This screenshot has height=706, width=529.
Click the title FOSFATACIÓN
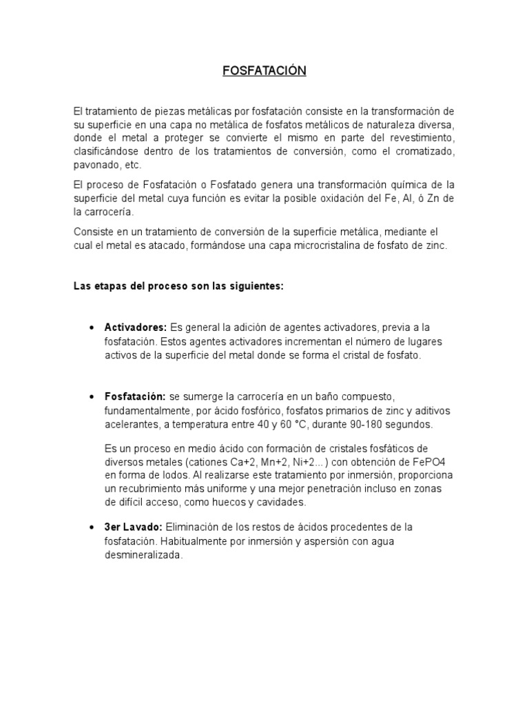click(264, 71)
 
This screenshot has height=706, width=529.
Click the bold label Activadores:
click(136, 327)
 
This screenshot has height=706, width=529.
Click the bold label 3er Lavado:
click(134, 527)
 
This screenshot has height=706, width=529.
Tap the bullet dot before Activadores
click(92, 327)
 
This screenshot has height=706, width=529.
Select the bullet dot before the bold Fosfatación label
click(92, 398)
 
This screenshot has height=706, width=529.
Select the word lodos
click(160, 475)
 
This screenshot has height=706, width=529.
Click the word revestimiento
click(422, 138)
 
